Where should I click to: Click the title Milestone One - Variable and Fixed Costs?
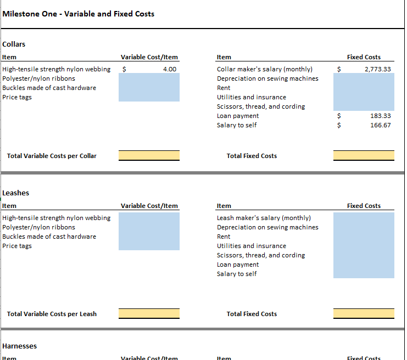pos(78,14)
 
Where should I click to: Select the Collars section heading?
pos(14,44)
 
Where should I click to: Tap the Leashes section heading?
pos(15,193)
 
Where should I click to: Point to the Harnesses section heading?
pos(19,346)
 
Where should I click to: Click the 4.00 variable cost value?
pos(170,69)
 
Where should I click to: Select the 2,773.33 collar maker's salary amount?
pos(378,69)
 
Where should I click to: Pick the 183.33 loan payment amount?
pos(381,116)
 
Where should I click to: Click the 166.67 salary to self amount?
pos(381,125)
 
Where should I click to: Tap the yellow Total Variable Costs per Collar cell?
pos(149,156)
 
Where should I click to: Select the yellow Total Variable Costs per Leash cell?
pos(149,313)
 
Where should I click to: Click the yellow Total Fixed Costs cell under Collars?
pos(364,156)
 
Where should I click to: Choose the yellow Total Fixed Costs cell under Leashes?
pos(364,313)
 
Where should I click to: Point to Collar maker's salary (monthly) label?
pos(265,69)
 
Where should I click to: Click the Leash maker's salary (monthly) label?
pos(264,218)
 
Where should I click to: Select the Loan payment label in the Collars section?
pos(238,116)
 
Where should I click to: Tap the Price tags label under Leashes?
pos(17,246)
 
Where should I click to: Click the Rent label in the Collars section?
pos(224,88)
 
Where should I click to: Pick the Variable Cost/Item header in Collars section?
pos(149,57)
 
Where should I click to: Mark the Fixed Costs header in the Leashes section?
pos(364,206)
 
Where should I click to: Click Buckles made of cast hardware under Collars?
pos(49,88)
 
